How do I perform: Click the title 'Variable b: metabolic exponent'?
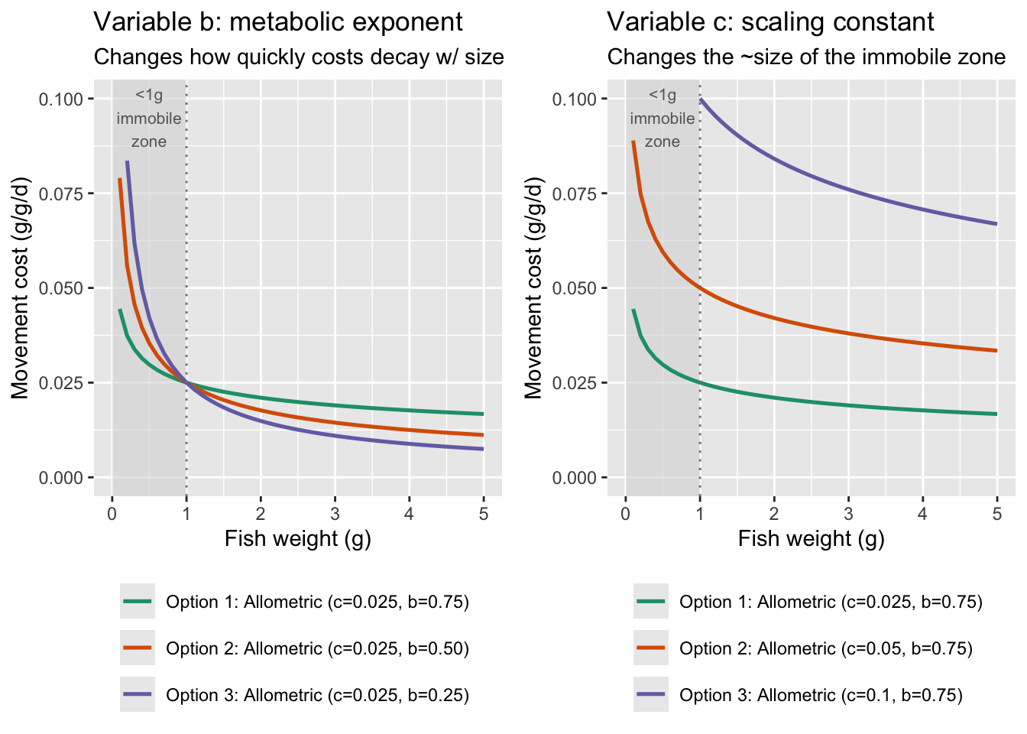278,21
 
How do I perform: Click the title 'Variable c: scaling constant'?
771,21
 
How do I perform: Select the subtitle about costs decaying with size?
299,57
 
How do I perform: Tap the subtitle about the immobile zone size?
806,57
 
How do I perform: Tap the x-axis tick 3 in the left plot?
335,514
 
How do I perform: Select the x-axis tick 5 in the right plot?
996,514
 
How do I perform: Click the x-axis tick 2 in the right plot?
774,514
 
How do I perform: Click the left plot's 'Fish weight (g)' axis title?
297,538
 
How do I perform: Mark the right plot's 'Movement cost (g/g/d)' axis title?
533,287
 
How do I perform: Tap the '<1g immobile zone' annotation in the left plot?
148,119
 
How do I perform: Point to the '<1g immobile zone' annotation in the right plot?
662,119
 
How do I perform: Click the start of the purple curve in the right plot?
700,99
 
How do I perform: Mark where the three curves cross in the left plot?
186,382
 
